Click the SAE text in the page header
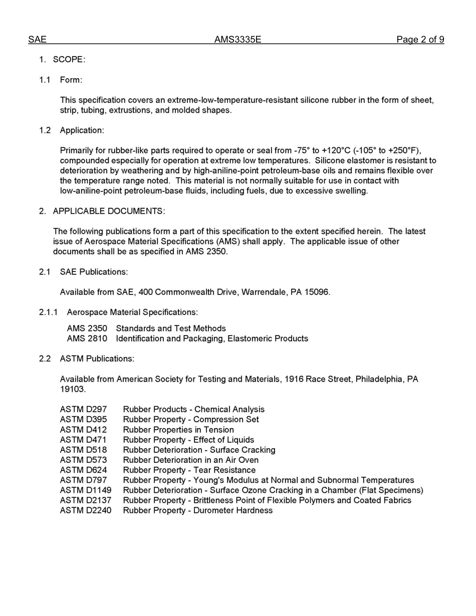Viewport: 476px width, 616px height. pos(37,40)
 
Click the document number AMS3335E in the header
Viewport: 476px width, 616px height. pos(237,40)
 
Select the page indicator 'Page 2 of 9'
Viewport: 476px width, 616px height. pos(420,40)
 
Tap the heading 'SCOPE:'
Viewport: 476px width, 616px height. pos(69,60)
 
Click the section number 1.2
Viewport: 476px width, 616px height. pos(45,130)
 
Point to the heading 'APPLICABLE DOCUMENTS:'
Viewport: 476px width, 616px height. pos(109,211)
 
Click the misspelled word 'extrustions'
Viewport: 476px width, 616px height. pos(129,110)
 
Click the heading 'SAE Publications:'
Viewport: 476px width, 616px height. pos(94,272)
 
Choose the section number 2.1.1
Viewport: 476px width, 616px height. pos(49,312)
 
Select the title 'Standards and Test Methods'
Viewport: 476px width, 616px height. pos(171,329)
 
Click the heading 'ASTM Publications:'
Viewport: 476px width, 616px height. pos(97,359)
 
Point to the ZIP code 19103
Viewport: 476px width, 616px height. pos(73,389)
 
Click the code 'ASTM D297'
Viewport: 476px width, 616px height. pos(83,409)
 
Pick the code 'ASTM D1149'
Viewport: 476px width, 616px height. pos(86,490)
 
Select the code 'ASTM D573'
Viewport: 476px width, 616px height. pos(83,460)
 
